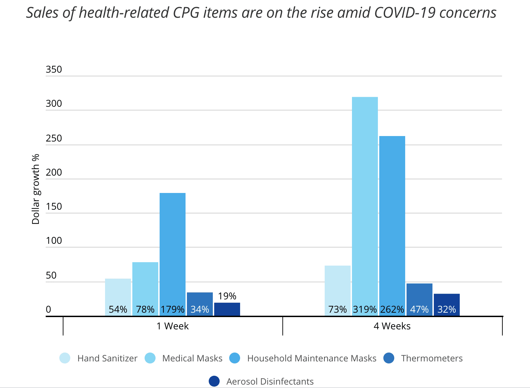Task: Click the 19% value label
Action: [227, 296]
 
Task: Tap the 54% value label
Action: [118, 309]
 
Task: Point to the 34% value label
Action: [200, 309]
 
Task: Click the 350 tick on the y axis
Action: [54, 70]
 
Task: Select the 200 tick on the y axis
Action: [54, 173]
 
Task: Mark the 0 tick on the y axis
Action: [48, 309]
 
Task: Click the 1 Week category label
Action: [173, 326]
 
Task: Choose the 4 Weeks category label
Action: [392, 326]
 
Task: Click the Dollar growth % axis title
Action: [36, 189]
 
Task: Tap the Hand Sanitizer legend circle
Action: [65, 358]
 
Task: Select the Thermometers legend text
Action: [432, 358]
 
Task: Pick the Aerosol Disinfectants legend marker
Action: [214, 382]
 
